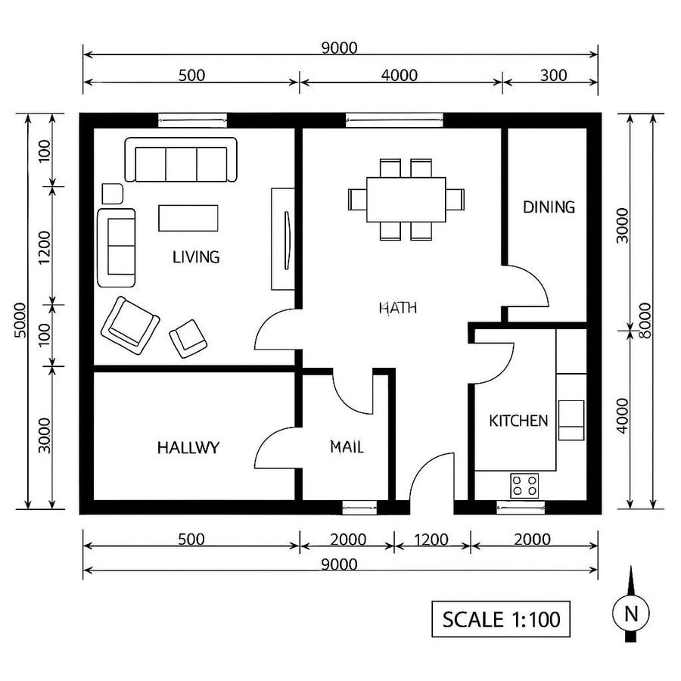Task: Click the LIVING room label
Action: click(196, 257)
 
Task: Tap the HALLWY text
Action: click(188, 447)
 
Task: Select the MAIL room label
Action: click(347, 447)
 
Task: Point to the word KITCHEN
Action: click(518, 421)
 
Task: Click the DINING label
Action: click(549, 207)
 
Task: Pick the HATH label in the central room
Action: click(397, 308)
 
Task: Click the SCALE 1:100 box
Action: click(501, 619)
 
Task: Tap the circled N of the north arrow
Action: click(630, 613)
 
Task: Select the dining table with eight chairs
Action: click(406, 199)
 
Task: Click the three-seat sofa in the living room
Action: click(181, 160)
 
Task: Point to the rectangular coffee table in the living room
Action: click(188, 218)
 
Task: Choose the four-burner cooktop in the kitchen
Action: click(524, 484)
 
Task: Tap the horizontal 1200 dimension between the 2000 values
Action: click(432, 540)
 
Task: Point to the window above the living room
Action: click(192, 120)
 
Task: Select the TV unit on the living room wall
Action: click(283, 239)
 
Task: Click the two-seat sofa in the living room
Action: click(117, 247)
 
